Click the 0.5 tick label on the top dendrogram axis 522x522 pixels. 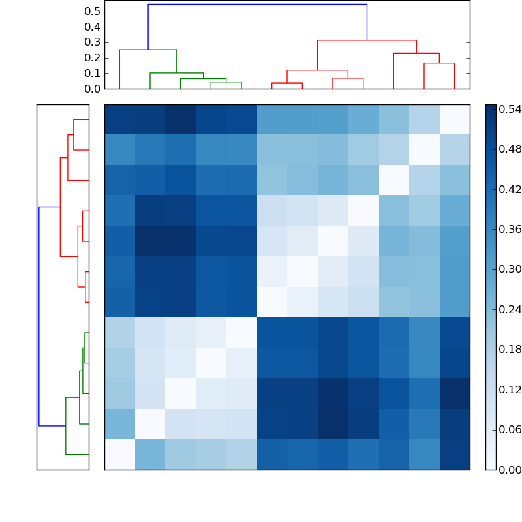point(93,12)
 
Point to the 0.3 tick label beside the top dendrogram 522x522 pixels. point(93,42)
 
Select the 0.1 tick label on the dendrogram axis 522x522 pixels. point(93,73)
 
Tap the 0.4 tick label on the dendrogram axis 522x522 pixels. point(93,27)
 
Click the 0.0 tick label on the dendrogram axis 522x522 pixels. point(93,89)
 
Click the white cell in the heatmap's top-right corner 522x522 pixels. point(455,119)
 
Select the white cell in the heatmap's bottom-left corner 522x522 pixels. point(119,454)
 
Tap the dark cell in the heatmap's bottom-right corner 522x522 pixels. point(455,454)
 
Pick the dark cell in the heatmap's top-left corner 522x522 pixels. point(119,119)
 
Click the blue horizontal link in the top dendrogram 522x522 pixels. point(257,5)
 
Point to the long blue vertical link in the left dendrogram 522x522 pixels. point(39,316)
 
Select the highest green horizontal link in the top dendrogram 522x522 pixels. point(148,50)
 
